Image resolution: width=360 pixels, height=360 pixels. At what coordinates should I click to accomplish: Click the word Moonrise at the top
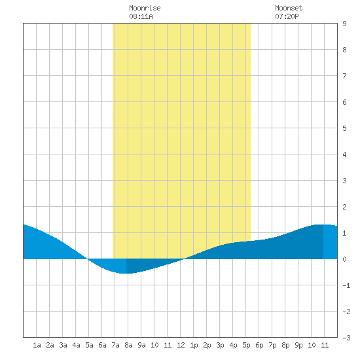pos(145,8)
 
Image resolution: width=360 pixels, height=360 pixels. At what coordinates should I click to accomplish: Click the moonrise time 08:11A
pos(141,16)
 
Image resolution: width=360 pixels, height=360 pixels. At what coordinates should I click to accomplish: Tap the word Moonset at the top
pos(289,8)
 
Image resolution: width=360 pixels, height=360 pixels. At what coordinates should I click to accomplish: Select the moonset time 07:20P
pos(287,16)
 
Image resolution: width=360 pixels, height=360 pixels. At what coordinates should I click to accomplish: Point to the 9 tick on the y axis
pos(344,24)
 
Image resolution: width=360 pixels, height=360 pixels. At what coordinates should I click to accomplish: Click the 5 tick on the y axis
pos(344,128)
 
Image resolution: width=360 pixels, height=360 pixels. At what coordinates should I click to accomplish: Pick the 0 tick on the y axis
pos(344,259)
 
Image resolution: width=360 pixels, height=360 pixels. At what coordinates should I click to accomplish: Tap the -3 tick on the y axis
pos(346,338)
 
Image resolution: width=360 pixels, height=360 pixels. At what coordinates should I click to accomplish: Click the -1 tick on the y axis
pos(346,285)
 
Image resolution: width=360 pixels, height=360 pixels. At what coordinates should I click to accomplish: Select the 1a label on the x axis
pos(37,345)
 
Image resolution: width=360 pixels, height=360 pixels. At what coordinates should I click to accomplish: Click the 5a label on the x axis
pos(89,345)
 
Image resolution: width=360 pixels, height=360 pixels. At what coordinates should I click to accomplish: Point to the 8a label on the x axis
pos(128,345)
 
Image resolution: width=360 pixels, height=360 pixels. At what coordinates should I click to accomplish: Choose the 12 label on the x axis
pos(181,345)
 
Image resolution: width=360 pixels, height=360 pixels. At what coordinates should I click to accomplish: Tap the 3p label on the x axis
pos(220,345)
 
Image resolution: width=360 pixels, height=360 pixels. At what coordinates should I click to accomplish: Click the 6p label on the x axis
pos(259,345)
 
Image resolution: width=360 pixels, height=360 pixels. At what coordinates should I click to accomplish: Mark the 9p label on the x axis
pos(298,345)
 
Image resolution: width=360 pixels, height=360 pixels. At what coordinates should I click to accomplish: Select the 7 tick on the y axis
pos(344,76)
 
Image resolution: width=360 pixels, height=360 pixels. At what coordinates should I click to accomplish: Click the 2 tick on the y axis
pos(344,207)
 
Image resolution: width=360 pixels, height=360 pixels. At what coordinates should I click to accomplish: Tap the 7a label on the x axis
pos(115,345)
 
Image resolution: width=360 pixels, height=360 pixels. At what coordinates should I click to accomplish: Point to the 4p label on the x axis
pos(233,345)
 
